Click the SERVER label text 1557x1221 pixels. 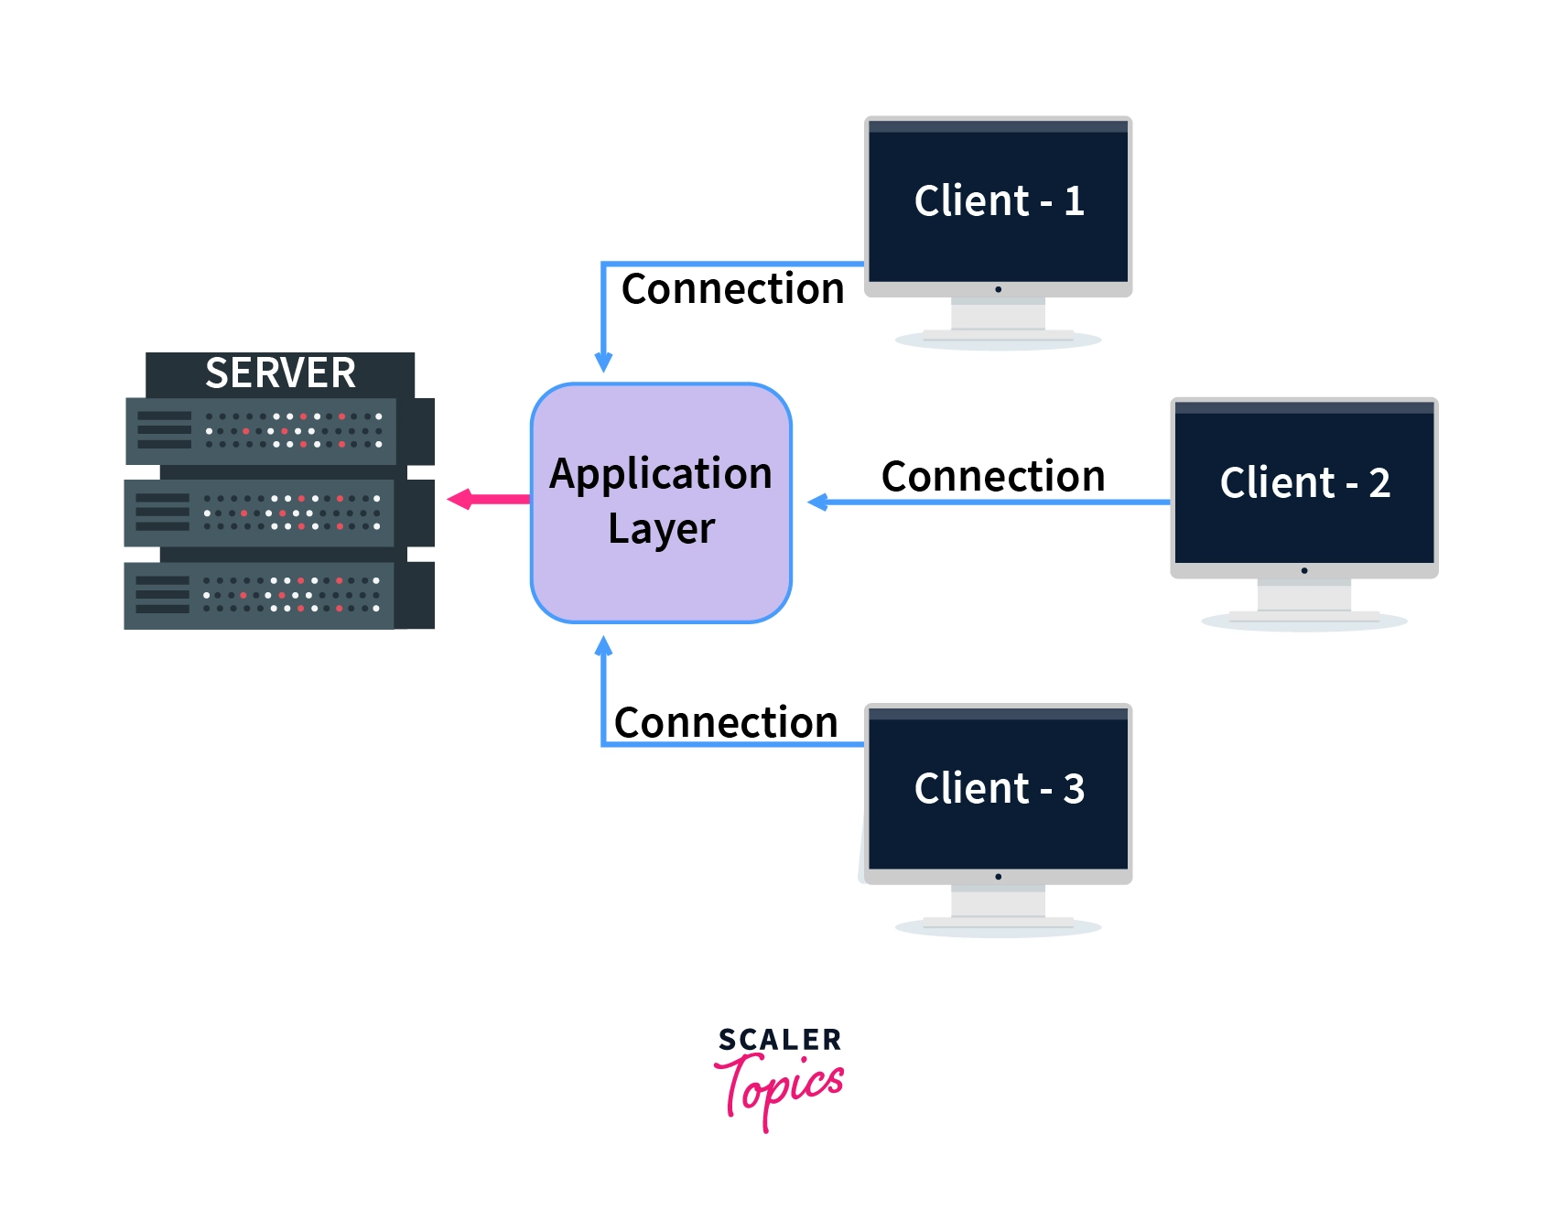280,373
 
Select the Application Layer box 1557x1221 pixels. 661,502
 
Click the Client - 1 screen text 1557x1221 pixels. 999,201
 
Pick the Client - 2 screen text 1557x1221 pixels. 1304,483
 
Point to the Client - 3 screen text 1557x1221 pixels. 999,789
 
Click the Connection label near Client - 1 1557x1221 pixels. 732,289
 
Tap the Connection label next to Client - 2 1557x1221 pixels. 993,477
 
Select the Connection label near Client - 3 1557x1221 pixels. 726,723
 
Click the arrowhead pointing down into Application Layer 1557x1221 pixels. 603,362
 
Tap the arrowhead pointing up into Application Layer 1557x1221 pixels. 603,647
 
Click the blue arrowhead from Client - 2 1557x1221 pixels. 818,502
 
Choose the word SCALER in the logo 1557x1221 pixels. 779,1040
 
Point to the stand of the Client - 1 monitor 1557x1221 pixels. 998,319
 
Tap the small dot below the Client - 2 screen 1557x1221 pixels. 1304,571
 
